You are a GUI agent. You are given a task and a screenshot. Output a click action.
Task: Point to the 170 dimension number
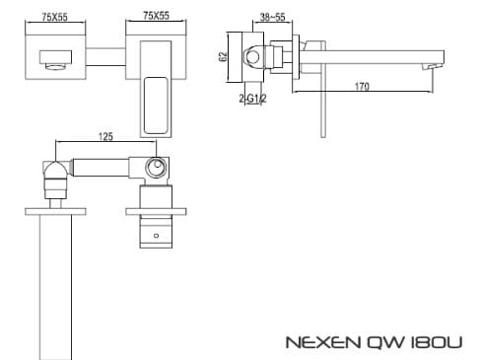coord(362,87)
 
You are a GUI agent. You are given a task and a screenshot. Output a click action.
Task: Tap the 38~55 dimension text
coord(271,17)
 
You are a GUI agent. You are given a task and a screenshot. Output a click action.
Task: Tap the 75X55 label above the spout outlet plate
coord(39,17)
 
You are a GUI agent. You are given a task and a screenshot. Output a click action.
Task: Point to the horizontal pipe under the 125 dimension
coord(103,168)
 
